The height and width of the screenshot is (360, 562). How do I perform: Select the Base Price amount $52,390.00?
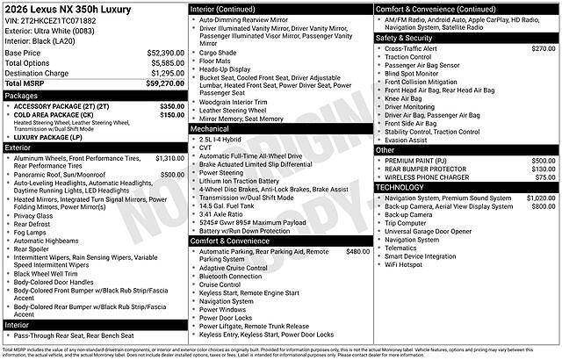point(161,53)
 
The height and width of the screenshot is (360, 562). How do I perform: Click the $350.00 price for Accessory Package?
point(172,106)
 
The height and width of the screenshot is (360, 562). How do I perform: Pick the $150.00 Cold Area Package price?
point(172,115)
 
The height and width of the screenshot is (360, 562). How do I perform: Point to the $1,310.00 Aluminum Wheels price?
point(169,158)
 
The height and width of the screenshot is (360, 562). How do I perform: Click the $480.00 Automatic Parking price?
point(358,251)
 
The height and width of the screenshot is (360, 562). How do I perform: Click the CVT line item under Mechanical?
point(207,147)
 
